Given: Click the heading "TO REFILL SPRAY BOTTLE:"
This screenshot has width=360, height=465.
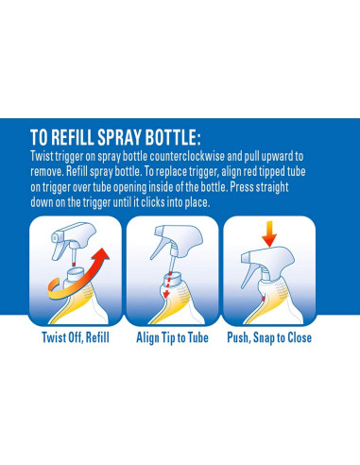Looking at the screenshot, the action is click(x=115, y=137).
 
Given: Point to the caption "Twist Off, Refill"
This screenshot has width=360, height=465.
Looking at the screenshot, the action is click(x=76, y=337).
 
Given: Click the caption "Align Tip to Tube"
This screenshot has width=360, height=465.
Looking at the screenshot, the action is click(x=172, y=337).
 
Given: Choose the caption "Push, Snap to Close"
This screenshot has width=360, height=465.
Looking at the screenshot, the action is click(x=269, y=337).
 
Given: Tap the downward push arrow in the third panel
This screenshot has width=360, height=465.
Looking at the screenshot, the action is click(x=269, y=234).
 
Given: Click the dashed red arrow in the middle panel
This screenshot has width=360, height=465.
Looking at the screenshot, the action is click(x=167, y=284).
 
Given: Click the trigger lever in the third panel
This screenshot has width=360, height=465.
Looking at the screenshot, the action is click(x=249, y=277).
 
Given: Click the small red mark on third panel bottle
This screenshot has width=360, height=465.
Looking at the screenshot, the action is click(x=264, y=298).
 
